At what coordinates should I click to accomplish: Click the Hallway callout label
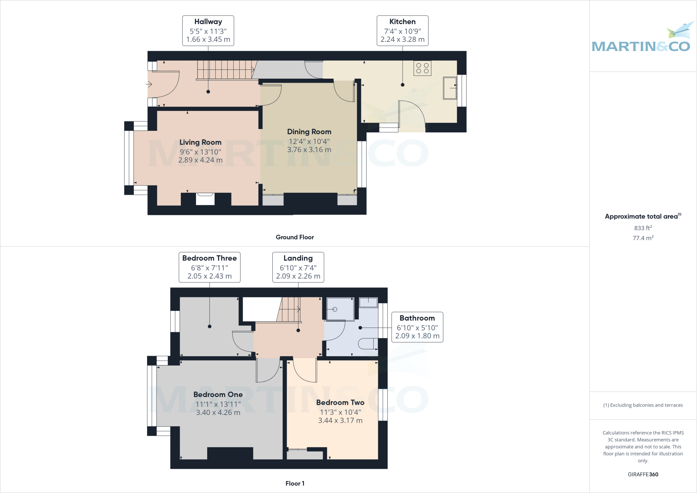208,31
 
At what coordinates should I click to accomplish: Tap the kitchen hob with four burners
422,68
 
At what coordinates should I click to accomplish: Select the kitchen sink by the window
450,88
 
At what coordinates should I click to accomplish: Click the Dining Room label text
309,132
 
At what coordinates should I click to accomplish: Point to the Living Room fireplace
205,199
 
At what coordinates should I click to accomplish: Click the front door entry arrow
149,84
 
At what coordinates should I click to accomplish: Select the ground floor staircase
226,70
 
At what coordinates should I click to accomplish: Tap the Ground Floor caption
295,237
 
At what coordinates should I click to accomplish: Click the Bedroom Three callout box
209,267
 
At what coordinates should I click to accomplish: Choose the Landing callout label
298,267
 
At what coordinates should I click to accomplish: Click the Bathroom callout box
417,327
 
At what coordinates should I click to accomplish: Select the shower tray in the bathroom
340,309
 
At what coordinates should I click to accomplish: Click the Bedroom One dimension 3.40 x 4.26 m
218,413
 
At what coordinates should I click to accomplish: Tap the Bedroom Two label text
340,402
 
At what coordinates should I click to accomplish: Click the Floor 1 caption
295,483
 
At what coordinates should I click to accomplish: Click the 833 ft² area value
643,228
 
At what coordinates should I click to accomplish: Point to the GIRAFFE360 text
643,474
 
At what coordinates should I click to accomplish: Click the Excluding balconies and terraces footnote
643,405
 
